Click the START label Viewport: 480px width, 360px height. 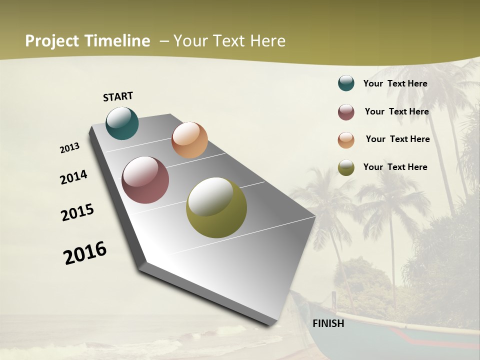click(118, 96)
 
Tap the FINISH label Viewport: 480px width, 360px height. click(328, 323)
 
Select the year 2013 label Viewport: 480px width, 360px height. click(69, 148)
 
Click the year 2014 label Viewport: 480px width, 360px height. click(73, 177)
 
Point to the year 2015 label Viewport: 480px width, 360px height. click(77, 212)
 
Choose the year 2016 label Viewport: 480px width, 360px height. click(85, 253)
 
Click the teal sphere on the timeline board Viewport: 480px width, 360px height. click(122, 123)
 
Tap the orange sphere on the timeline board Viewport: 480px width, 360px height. click(189, 140)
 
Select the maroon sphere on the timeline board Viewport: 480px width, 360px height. click(145, 180)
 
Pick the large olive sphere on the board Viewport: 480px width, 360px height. click(216, 207)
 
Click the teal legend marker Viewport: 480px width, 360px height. click(346, 83)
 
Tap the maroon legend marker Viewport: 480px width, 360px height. click(346, 112)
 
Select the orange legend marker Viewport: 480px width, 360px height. click(346, 140)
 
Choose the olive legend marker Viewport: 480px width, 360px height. click(346, 167)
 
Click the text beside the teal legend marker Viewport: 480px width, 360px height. click(395, 83)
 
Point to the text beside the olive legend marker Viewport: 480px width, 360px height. click(395, 167)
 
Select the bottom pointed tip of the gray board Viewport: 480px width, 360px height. click(273, 325)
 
